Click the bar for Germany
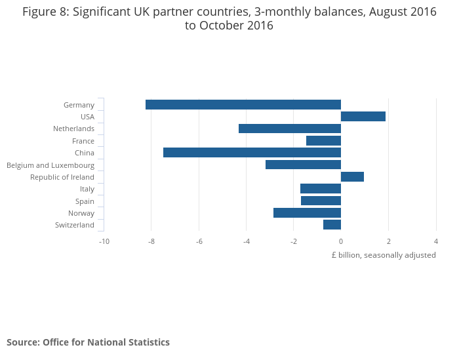[243, 105]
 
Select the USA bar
[363, 117]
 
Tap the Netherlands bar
[290, 129]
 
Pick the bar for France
[323, 141]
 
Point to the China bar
[252, 153]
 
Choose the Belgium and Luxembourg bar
[303, 165]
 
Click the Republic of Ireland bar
[352, 177]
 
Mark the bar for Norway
[307, 213]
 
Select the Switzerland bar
[332, 225]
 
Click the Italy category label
[87, 189]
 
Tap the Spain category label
[85, 201]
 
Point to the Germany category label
[79, 105]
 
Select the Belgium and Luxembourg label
[50, 165]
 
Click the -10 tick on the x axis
[104, 241]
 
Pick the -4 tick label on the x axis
[246, 241]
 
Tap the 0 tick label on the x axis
[341, 241]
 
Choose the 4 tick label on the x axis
[436, 241]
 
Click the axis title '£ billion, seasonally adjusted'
[384, 255]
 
